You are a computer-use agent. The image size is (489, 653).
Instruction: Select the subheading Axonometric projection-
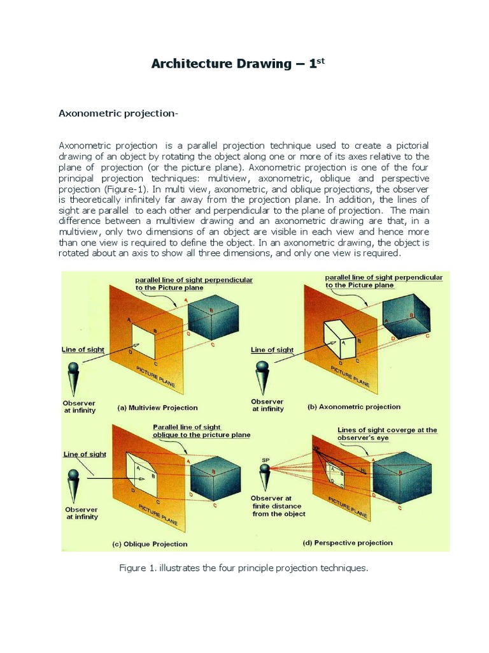click(x=118, y=114)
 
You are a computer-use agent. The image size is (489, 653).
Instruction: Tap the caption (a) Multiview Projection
click(x=157, y=407)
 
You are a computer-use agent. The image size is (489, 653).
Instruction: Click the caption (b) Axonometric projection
click(x=354, y=406)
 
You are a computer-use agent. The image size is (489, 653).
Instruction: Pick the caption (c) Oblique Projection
click(x=150, y=544)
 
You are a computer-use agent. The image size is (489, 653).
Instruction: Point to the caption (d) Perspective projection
click(x=347, y=543)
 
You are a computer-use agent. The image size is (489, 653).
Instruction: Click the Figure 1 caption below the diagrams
click(x=243, y=568)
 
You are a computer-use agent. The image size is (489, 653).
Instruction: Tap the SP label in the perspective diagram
click(x=266, y=459)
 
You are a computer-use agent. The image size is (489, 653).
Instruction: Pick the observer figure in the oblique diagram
click(x=75, y=485)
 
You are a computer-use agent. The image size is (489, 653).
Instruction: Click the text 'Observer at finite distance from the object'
click(x=278, y=506)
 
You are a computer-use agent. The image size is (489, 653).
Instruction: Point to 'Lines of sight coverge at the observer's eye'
click(x=386, y=434)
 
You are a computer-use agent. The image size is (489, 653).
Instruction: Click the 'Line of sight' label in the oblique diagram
click(x=84, y=454)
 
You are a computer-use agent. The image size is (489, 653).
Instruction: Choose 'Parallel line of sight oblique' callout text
click(x=201, y=430)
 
